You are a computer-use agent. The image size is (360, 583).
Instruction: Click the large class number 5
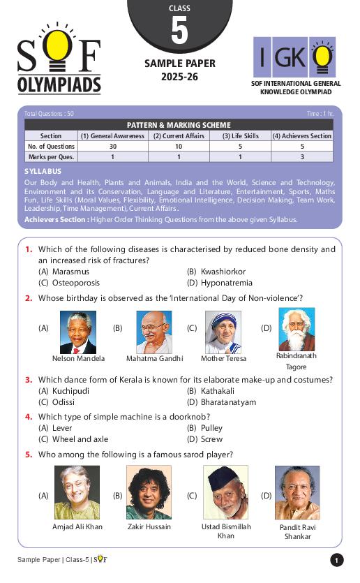click(179, 31)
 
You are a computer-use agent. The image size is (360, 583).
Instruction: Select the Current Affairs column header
click(179, 136)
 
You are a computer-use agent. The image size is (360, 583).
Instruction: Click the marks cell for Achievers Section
click(301, 157)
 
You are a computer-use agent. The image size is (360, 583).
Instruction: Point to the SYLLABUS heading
click(43, 171)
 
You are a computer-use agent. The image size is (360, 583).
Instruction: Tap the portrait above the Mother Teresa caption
click(223, 331)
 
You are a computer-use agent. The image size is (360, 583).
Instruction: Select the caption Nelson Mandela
click(78, 358)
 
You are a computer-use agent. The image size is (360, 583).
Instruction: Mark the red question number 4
click(29, 416)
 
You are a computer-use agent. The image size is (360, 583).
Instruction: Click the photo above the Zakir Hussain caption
click(149, 492)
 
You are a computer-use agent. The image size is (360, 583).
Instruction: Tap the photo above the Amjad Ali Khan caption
click(77, 492)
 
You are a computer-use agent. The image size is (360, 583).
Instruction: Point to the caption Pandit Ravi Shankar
click(297, 531)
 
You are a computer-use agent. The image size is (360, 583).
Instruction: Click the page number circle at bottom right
click(336, 560)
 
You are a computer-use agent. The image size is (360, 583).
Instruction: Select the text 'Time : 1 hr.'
click(320, 113)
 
